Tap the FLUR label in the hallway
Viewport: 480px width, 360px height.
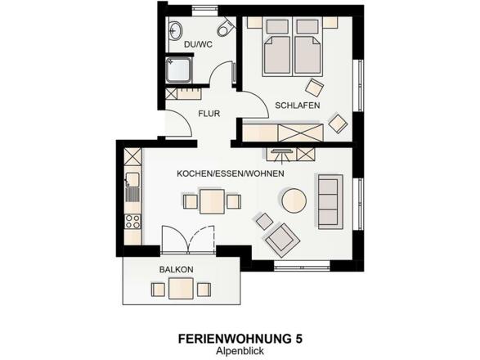click(209, 114)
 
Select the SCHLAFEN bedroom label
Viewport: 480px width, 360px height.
click(297, 106)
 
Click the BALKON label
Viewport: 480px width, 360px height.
click(176, 269)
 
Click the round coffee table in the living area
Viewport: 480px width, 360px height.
click(294, 200)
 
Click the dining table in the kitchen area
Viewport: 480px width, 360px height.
click(213, 200)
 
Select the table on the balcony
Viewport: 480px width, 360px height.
click(182, 288)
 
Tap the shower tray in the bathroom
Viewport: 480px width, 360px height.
click(177, 70)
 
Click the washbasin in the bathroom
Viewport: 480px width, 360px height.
click(174, 32)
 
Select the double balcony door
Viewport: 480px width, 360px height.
click(187, 241)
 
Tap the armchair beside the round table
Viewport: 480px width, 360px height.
click(280, 238)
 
